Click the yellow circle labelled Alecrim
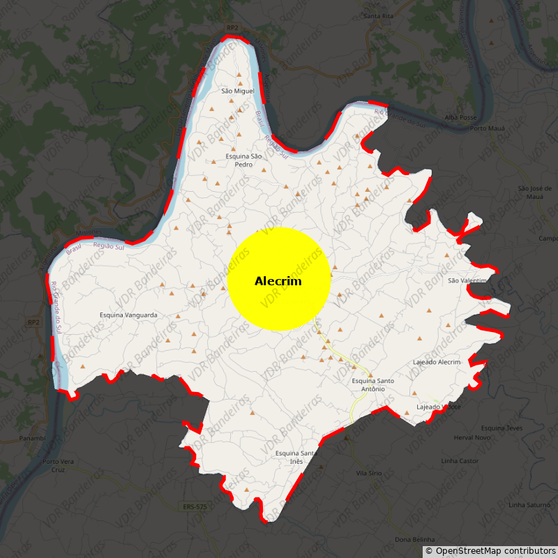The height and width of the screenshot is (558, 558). pos(278,279)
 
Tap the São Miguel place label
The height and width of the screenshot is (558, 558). pos(237,91)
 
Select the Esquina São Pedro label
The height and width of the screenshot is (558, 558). pos(243,160)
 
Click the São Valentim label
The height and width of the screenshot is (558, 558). pos(467,280)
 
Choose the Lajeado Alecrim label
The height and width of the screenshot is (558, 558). pos(437,363)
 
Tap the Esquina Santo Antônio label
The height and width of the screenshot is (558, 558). pos(373,384)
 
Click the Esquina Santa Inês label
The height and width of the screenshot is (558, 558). pos(296,458)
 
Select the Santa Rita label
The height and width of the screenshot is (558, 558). pos(378,15)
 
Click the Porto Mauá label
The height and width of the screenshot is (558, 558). pos(488,129)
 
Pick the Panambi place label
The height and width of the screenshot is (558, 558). pos(32,438)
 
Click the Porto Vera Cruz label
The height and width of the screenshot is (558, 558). pos(58,465)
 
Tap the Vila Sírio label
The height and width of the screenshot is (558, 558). pos(369,473)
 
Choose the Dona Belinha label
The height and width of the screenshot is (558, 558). pos(414,540)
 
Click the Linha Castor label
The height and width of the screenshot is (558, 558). pos(460,461)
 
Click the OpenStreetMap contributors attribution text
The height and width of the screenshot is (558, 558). pos(495,552)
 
